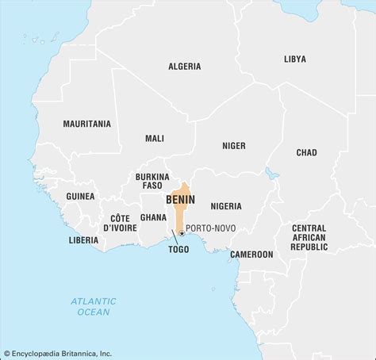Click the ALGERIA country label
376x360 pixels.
(184, 67)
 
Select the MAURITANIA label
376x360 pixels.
(88, 124)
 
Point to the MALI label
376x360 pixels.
(155, 138)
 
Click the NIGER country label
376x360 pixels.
(233, 145)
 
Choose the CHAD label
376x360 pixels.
(306, 152)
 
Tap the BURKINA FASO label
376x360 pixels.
(152, 181)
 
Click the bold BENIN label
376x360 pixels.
(180, 200)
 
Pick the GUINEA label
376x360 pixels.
(80, 196)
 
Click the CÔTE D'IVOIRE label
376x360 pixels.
(120, 223)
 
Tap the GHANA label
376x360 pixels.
(153, 216)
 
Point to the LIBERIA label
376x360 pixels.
(83, 239)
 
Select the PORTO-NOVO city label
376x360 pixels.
(212, 228)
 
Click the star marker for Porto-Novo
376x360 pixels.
(182, 233)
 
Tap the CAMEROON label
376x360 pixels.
(251, 255)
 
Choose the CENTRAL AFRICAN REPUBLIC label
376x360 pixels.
(309, 237)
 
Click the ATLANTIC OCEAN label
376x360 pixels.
(92, 306)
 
